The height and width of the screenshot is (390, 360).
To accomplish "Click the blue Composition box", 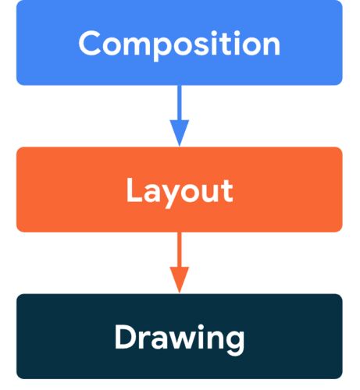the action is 180,42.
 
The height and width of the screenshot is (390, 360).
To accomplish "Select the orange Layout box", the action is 180,190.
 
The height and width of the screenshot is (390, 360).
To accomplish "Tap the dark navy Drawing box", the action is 180,336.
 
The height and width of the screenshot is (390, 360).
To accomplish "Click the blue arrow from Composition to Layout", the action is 180,116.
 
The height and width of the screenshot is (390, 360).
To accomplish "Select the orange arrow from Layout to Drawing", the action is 180,263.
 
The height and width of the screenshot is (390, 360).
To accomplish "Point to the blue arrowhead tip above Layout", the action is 180,147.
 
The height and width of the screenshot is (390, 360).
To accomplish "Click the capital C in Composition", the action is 90,43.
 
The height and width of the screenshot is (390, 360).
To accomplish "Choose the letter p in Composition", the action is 162,49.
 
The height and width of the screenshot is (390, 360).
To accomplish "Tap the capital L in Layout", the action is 134,190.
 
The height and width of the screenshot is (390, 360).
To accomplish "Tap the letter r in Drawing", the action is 144,339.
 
